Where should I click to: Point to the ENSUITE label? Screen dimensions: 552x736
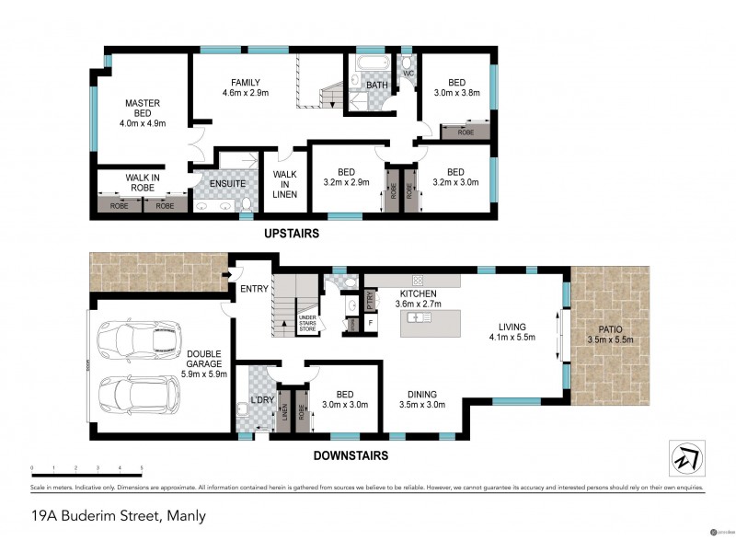point(228,183)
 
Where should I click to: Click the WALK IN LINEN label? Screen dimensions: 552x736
point(283,183)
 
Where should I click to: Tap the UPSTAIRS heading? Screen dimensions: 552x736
point(291,235)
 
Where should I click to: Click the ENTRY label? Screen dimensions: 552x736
point(254,290)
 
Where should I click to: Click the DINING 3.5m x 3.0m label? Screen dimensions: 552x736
point(423,397)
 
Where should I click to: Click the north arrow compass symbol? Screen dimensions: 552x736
point(684,456)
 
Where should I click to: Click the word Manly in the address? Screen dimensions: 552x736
point(185,516)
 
